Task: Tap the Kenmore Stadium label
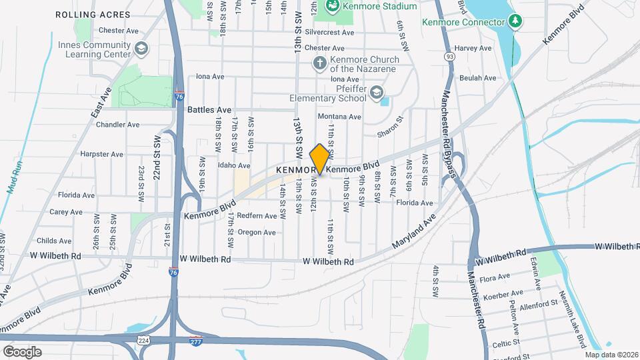(379, 6)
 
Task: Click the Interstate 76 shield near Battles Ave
(179, 96)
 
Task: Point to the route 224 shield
(144, 341)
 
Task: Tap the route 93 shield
(451, 57)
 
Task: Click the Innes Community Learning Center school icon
(141, 48)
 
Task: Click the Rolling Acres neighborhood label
(83, 14)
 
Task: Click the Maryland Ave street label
(413, 231)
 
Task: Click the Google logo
(22, 351)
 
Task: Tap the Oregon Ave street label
(257, 233)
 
